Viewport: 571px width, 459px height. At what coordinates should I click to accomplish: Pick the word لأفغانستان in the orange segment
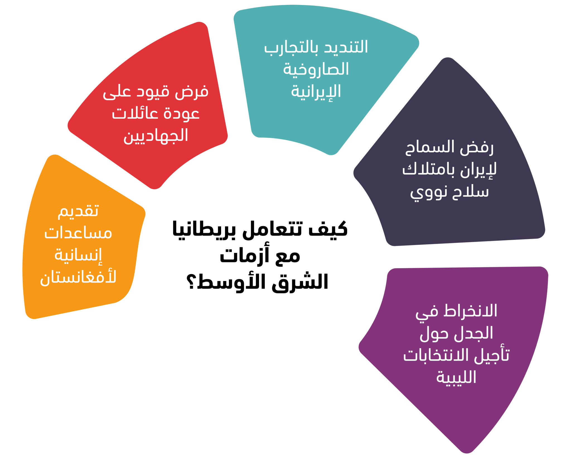tap(78, 277)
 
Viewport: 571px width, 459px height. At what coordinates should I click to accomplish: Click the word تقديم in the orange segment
tap(78, 211)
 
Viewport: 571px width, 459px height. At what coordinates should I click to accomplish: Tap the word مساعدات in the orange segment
tap(78, 233)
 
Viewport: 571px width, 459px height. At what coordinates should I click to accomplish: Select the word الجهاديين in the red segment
tap(156, 136)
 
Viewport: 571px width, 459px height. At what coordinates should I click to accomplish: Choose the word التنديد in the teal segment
tap(346, 47)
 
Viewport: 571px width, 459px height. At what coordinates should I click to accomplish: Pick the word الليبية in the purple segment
tap(456, 377)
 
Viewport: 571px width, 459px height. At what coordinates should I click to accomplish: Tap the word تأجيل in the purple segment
tap(492, 355)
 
